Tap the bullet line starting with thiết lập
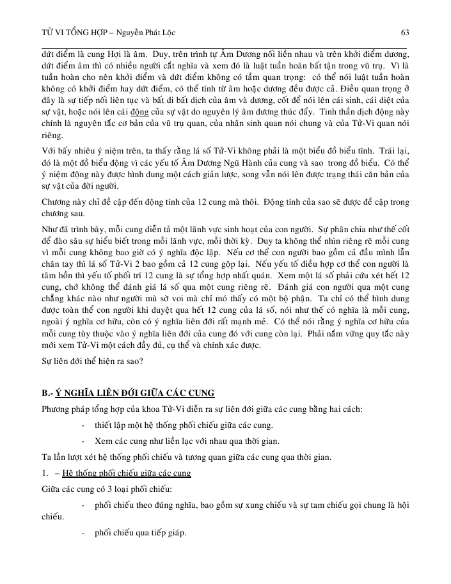(166, 424)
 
